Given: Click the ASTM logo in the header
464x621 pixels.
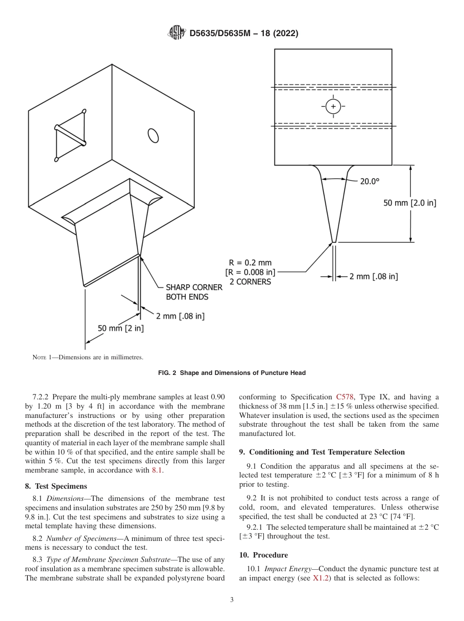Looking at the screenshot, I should click(176, 33).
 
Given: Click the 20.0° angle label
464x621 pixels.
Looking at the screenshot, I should click(369, 181).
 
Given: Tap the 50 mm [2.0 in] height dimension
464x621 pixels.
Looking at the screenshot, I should click(409, 203).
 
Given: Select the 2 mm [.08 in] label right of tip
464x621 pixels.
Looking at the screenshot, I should click(373, 276).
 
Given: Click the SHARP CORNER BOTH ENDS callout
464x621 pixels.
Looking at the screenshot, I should click(194, 292).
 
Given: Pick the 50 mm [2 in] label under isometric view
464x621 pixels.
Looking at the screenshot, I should click(121, 328).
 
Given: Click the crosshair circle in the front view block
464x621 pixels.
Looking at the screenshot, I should click(333, 106).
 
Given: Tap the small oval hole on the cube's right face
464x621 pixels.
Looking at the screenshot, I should click(153, 135).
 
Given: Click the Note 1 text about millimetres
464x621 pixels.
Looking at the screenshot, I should click(88, 357).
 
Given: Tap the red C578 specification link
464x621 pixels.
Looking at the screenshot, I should click(345, 397).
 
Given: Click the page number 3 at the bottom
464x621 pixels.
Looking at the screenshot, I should click(232, 600).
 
